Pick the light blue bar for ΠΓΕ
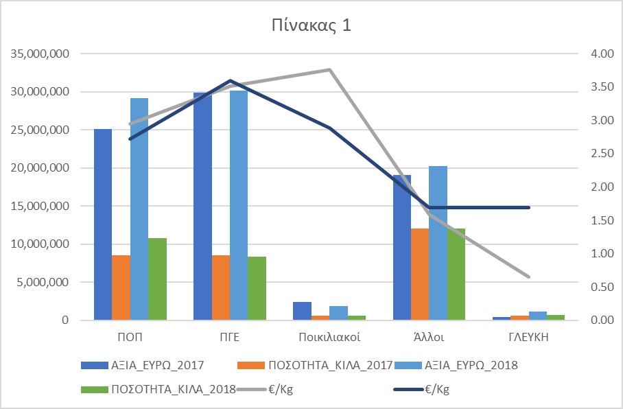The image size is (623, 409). pyautogui.click(x=239, y=205)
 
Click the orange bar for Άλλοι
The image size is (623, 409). pyautogui.click(x=420, y=274)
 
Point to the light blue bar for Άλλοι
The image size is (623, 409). pyautogui.click(x=438, y=243)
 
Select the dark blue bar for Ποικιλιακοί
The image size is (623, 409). pyautogui.click(x=302, y=311)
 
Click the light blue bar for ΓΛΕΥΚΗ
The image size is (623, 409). pyautogui.click(x=539, y=316)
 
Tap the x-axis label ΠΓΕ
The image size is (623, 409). pyautogui.click(x=230, y=338)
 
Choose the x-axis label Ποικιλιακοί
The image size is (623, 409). pyautogui.click(x=329, y=338)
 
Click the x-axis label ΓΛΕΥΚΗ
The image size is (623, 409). pyautogui.click(x=529, y=338)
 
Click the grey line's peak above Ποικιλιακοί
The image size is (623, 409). pyautogui.click(x=329, y=69)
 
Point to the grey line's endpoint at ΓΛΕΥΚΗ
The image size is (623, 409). pyautogui.click(x=529, y=277)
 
